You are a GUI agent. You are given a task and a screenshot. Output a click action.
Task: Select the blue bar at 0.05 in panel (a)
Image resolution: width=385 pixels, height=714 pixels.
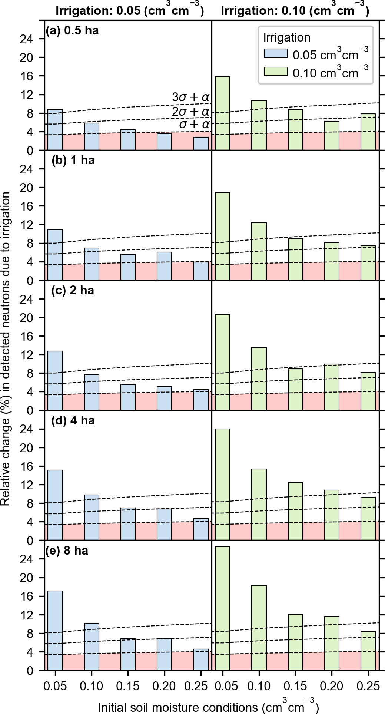(55, 130)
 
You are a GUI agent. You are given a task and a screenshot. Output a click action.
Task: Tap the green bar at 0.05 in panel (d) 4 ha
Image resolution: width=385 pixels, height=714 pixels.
(222, 485)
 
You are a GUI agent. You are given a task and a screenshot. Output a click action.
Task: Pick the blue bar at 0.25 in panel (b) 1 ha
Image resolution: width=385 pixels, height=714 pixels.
(200, 271)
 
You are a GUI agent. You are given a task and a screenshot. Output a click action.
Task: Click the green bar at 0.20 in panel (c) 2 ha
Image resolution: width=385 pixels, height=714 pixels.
(332, 387)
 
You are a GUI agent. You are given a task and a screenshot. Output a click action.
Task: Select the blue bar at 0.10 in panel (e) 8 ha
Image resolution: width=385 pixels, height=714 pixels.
(92, 647)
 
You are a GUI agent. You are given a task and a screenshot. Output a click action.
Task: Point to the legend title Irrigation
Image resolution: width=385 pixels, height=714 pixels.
(286, 37)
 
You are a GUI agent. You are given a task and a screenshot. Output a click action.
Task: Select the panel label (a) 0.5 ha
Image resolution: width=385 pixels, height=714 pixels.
(72, 30)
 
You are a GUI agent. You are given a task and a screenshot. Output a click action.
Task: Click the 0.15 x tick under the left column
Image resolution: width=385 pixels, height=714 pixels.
(128, 687)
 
